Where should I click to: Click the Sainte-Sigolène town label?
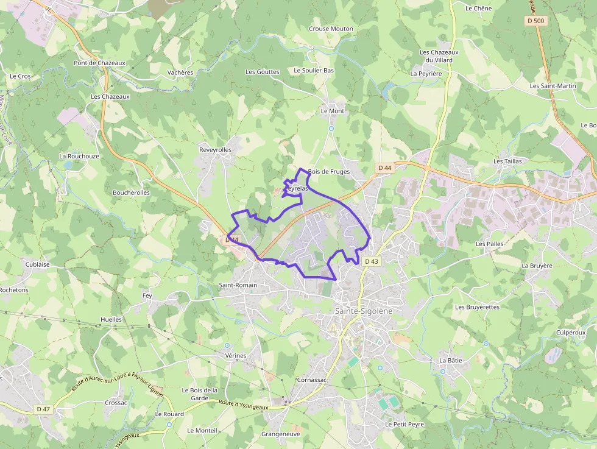[x=364, y=311]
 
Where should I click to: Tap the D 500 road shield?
[x=535, y=21]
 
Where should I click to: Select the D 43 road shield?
[x=372, y=261]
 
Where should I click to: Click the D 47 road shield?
[x=43, y=409]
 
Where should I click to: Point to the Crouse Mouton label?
[x=331, y=29]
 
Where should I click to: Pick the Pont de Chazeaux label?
[x=99, y=63]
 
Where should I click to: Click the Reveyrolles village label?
[x=216, y=149]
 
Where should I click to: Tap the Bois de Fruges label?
[x=329, y=172]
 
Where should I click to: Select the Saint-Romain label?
[x=238, y=285]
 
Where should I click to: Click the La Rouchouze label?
[x=79, y=156]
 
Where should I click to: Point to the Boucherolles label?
[x=131, y=193]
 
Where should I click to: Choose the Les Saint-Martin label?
[x=553, y=86]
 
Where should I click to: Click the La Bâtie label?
[x=451, y=361]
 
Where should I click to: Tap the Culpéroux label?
[x=570, y=333]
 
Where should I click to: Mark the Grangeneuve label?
[x=280, y=434]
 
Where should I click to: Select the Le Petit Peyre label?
[x=404, y=424]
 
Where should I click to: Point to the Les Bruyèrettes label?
[x=477, y=307]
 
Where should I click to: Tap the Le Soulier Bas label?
[x=314, y=71]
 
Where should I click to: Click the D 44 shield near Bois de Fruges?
[x=384, y=168]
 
